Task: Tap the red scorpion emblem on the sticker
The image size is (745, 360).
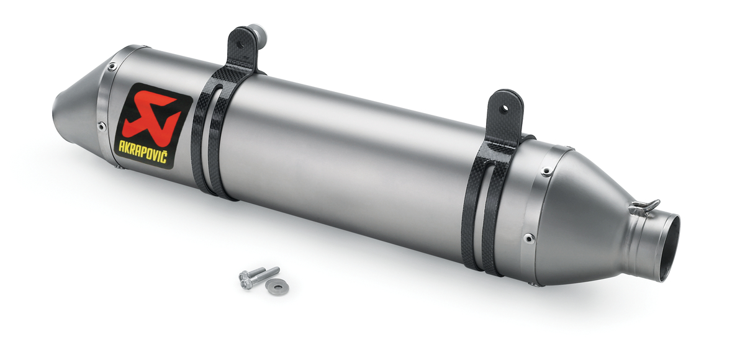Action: (151, 116)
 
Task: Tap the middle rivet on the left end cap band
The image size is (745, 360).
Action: (101, 126)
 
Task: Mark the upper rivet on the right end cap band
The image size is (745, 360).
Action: (545, 172)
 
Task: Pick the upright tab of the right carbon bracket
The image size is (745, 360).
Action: (506, 115)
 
